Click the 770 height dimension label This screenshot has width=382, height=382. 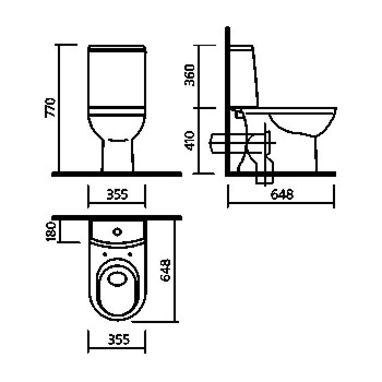pos(50,108)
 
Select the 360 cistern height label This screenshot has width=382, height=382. pos(189,75)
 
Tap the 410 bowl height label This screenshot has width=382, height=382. pos(189,141)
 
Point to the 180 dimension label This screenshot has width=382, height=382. pos(51,231)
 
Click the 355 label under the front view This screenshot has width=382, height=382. pos(117,195)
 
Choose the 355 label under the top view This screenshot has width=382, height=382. pos(118,339)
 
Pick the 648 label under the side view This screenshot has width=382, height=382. pos(282,194)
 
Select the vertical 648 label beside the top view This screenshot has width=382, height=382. pos(165,271)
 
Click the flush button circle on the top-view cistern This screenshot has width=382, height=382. pos(117,232)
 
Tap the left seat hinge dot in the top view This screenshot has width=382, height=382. pos(105,255)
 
